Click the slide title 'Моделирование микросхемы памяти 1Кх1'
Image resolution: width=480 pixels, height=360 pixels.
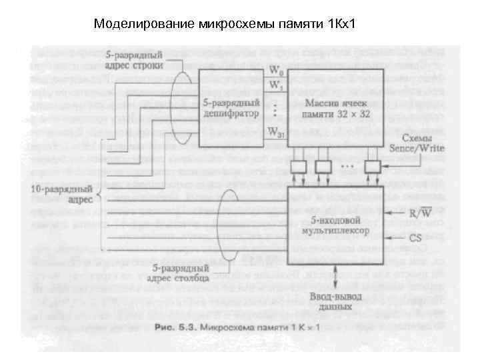(x=226, y=25)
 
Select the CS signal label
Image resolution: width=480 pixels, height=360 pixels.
(x=416, y=237)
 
